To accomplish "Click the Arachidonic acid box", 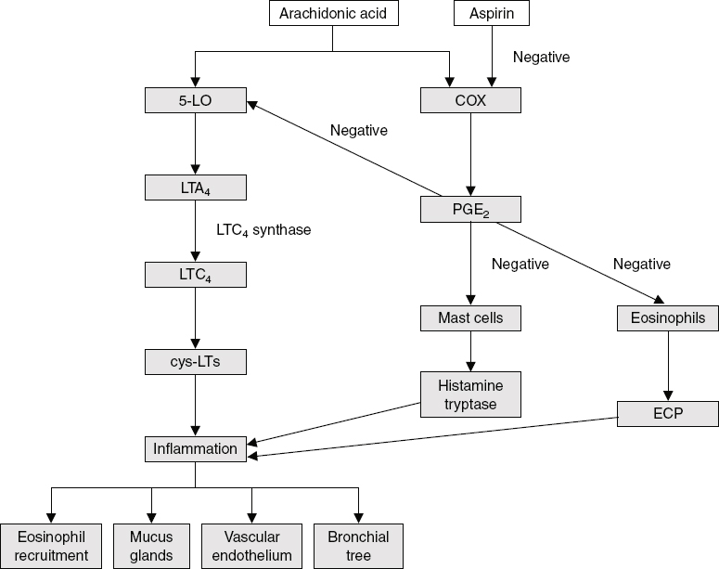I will pyautogui.click(x=333, y=13).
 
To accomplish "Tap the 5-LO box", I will pyautogui.click(x=195, y=100).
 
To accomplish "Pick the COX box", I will pyautogui.click(x=470, y=100).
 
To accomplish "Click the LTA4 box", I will pyautogui.click(x=195, y=188).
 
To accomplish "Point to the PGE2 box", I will pyautogui.click(x=470, y=210).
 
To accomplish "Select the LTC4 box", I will pyautogui.click(x=195, y=275).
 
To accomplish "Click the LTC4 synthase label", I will pyautogui.click(x=264, y=230).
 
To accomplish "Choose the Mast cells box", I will pyautogui.click(x=470, y=318).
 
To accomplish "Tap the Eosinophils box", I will pyautogui.click(x=668, y=318).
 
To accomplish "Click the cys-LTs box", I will pyautogui.click(x=195, y=362).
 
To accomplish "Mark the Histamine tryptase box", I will pyautogui.click(x=470, y=394).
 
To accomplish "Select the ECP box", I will pyautogui.click(x=668, y=414).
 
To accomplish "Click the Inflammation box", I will pyautogui.click(x=195, y=449).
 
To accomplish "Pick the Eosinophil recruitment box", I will pyautogui.click(x=51, y=546).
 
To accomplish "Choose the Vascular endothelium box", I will pyautogui.click(x=251, y=546).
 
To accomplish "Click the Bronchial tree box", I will pyautogui.click(x=357, y=546).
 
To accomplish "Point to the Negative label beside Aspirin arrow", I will pyautogui.click(x=541, y=58).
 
